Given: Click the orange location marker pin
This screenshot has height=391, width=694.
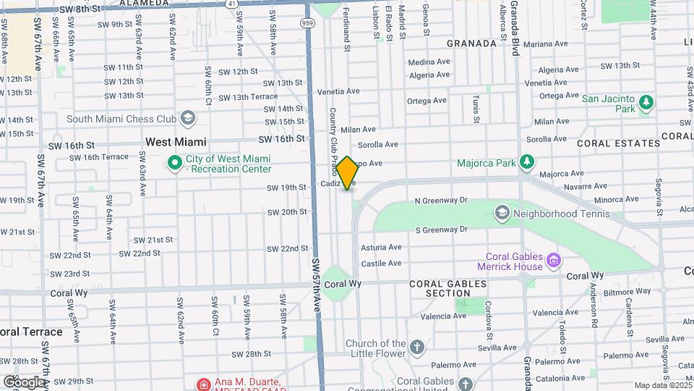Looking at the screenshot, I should pyautogui.click(x=347, y=173).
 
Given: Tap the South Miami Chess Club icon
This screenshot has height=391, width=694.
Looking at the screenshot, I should pyautogui.click(x=188, y=118).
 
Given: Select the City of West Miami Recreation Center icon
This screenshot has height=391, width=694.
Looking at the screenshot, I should pyautogui.click(x=174, y=164).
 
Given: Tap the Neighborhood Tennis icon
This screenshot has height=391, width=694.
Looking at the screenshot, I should pyautogui.click(x=502, y=214).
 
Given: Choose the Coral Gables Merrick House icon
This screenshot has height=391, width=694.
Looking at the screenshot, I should pyautogui.click(x=554, y=259).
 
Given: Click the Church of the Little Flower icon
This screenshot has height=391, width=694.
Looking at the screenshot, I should pyautogui.click(x=416, y=348).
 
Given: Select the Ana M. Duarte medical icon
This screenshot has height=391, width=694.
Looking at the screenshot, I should pyautogui.click(x=205, y=384).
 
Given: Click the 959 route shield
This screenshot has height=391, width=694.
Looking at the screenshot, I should pyautogui.click(x=308, y=23).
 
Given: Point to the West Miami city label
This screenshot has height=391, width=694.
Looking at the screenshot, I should pyautogui.click(x=176, y=142).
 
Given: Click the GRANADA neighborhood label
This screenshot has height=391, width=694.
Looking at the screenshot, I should pyautogui.click(x=471, y=43).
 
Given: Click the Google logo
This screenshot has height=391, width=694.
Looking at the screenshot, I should pyautogui.click(x=24, y=382).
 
